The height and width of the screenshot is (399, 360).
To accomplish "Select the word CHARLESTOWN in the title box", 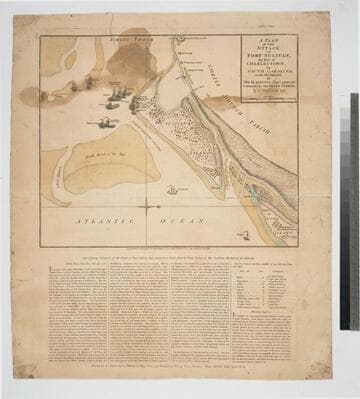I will point(262,69).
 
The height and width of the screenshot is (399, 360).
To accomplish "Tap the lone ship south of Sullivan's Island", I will point(172,189).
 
